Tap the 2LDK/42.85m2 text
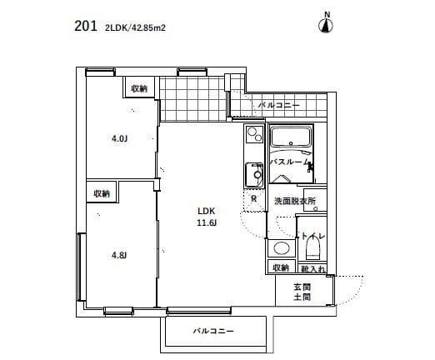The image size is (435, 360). [135, 27]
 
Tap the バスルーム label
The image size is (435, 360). [291, 162]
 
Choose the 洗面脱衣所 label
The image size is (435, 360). [295, 202]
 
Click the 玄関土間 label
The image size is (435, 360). [301, 292]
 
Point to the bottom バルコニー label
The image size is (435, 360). [213, 332]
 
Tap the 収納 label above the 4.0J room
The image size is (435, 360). [138, 88]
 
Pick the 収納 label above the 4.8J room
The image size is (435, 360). [102, 193]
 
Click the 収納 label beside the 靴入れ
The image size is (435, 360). [280, 267]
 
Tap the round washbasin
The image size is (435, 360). [281, 248]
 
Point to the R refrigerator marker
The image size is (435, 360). [253, 197]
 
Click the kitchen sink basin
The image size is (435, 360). [253, 176]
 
